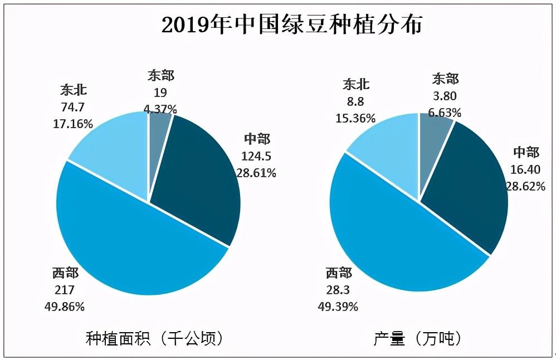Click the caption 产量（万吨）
[418, 338]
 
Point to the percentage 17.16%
[73, 124]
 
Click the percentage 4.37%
[160, 108]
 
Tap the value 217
[64, 290]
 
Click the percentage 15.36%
[355, 118]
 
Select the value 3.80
[445, 96]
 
